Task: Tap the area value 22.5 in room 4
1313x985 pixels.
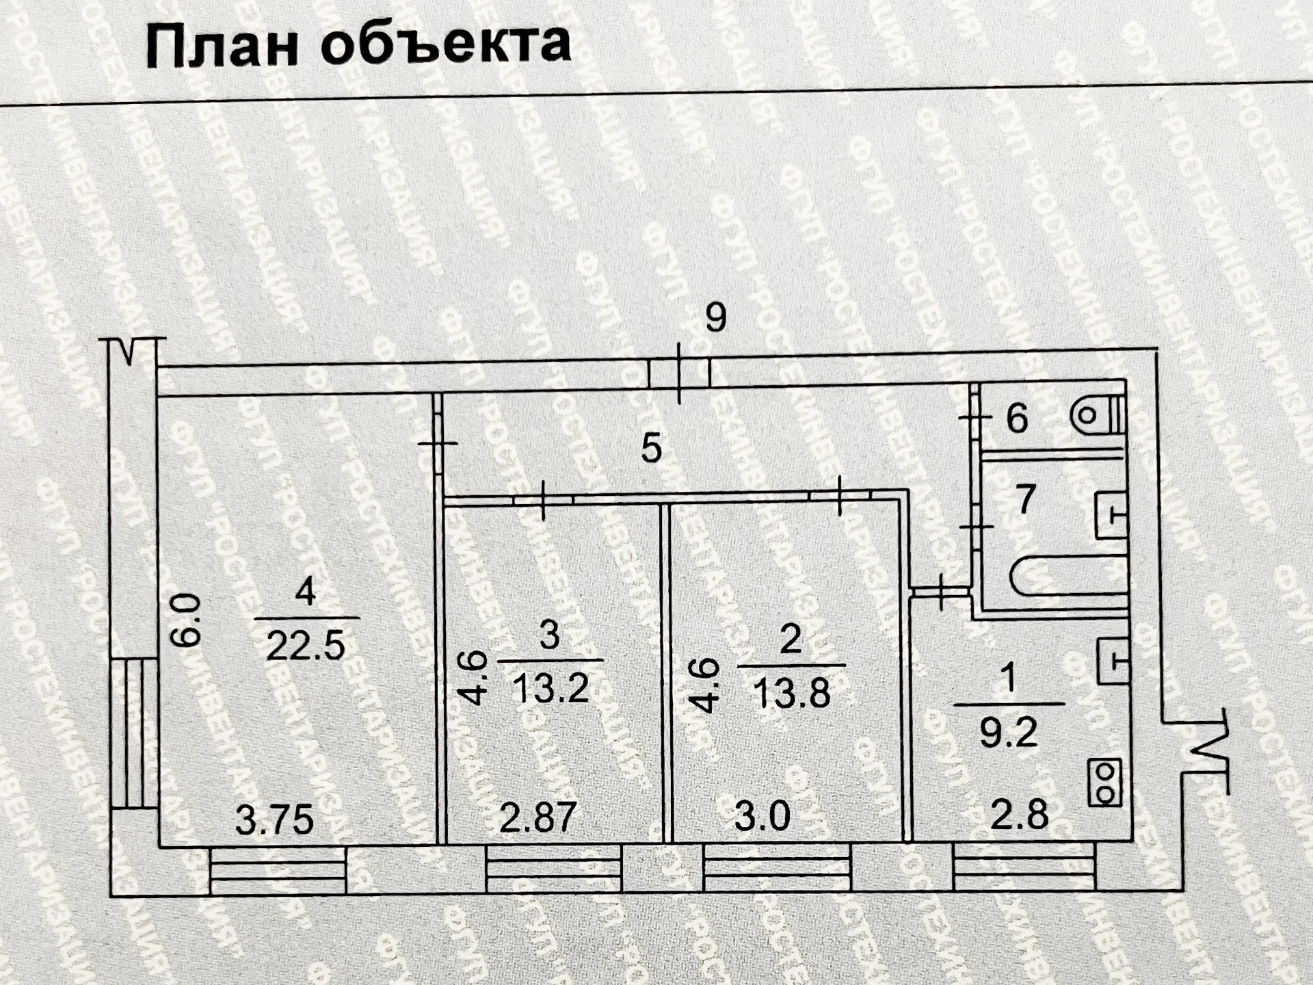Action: [305, 646]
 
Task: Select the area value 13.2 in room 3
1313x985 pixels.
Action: [551, 687]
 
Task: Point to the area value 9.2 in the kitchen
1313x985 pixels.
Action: [1009, 732]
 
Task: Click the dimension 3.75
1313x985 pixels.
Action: [274, 819]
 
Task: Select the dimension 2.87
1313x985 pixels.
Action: [538, 817]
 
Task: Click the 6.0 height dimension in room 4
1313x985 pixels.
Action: [186, 620]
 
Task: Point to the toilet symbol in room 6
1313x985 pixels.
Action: [1098, 415]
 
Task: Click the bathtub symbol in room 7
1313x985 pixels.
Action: [1067, 575]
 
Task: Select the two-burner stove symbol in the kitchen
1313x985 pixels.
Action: [1105, 783]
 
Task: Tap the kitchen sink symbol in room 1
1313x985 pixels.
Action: [1112, 661]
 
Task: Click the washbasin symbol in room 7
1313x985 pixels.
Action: [1111, 514]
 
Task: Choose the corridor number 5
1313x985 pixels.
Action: [651, 449]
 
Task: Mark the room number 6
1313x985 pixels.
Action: [1017, 418]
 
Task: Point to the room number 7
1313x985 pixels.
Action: [1025, 499]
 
